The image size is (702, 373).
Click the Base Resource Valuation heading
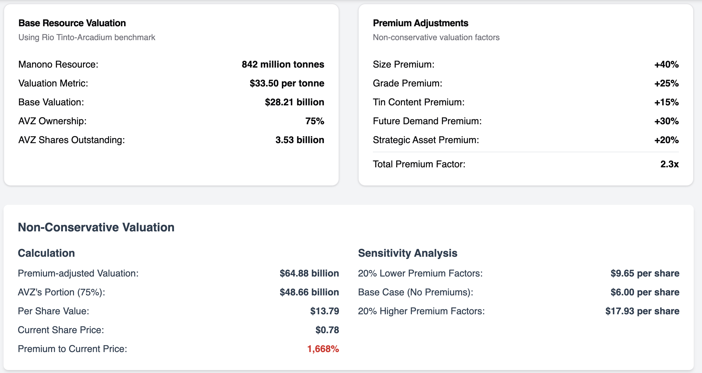(72, 23)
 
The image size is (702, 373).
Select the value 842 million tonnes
(283, 64)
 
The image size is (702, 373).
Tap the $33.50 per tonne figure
(287, 83)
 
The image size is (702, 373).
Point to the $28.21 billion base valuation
(294, 102)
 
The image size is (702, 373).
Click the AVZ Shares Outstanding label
(71, 140)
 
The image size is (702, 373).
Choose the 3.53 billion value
(300, 140)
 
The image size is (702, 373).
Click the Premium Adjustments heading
(420, 23)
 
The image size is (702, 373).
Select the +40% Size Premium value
(666, 64)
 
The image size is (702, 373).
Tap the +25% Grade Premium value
(666, 83)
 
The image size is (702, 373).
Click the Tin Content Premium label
(418, 102)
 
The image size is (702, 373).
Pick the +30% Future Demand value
(666, 121)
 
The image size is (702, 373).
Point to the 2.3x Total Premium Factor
(669, 164)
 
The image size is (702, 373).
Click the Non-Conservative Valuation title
(96, 227)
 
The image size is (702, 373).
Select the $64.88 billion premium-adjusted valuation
(309, 273)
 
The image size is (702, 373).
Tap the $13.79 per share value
(324, 311)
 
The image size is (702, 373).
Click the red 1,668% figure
(323, 349)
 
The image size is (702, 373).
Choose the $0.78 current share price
(327, 330)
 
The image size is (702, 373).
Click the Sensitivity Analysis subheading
(407, 253)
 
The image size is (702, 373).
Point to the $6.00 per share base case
(645, 292)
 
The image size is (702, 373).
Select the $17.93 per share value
(642, 311)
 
